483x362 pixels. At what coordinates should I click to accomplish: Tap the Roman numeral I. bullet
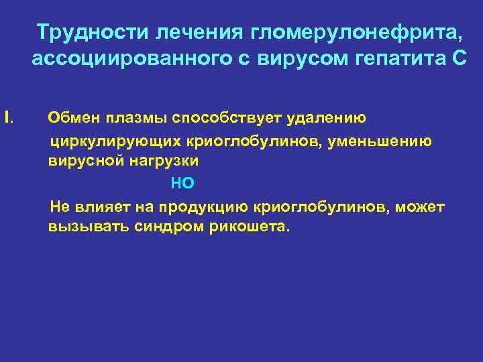tap(8, 119)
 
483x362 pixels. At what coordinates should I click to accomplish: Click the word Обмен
tap(71, 119)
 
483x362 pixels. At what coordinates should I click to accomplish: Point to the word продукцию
tap(209, 206)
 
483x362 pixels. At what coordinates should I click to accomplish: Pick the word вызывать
tap(79, 227)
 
